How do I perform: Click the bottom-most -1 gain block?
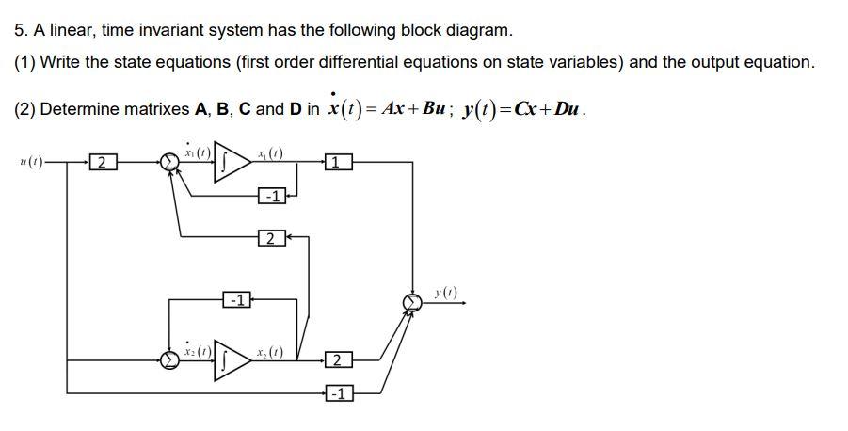pos(339,392)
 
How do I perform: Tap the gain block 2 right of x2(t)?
pos(339,359)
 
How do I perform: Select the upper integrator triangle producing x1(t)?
pos(232,162)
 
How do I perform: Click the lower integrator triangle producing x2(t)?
pos(232,359)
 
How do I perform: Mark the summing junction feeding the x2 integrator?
pos(169,359)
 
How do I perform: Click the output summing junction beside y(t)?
pos(411,301)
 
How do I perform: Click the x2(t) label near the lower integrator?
pos(271,352)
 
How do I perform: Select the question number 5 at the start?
pos(21,30)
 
